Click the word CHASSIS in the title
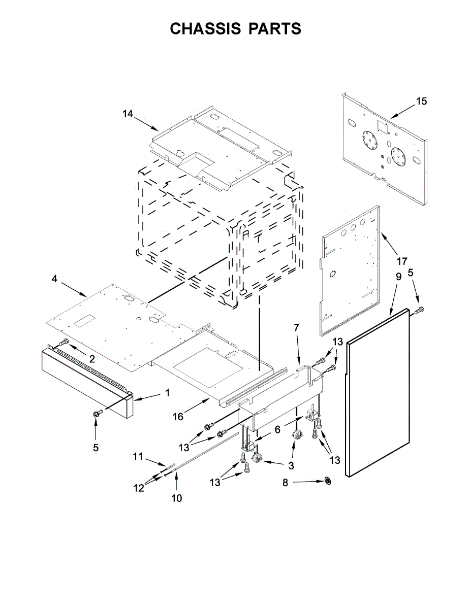click(205, 29)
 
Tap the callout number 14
click(128, 114)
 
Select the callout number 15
click(421, 101)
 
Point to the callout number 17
click(401, 262)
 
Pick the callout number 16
click(177, 417)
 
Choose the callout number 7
click(297, 328)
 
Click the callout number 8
click(285, 483)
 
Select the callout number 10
click(176, 498)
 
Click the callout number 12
click(138, 488)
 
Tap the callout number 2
click(92, 359)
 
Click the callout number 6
click(277, 429)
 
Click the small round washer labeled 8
click(327, 480)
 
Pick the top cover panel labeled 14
click(224, 145)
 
